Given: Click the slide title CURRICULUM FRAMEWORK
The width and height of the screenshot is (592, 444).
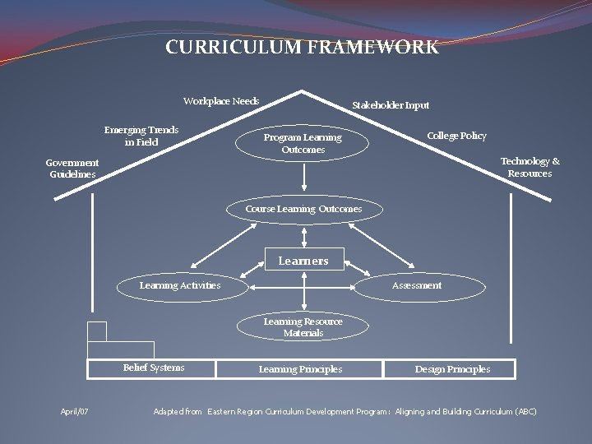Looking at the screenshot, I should (302, 48).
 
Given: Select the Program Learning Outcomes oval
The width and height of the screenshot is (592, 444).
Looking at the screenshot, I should (303, 144).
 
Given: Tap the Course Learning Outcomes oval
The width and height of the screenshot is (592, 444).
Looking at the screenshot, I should (303, 210).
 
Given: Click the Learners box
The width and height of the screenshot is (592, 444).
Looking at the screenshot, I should (303, 261).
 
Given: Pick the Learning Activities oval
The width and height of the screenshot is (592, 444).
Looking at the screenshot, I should (180, 286).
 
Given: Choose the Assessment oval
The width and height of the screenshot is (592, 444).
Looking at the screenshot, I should (416, 286).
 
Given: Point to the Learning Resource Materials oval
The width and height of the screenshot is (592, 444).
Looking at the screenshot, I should (303, 327).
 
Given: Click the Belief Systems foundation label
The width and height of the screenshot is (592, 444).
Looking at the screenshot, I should (154, 368).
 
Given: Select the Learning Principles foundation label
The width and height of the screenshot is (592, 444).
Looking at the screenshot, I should (300, 369).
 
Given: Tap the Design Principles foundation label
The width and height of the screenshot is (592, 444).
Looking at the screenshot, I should (452, 369).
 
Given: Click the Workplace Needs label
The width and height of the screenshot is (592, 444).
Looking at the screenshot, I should (221, 101).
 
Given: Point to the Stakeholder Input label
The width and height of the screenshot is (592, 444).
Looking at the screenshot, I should (391, 105).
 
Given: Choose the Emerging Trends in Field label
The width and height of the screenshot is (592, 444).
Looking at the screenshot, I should (141, 136).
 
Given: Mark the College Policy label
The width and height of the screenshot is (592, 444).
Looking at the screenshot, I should (456, 136).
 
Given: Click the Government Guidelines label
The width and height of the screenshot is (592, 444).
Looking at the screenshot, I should (72, 169).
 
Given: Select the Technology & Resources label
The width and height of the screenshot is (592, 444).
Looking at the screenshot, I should (530, 168).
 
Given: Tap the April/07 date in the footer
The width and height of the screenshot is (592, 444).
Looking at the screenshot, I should (75, 411).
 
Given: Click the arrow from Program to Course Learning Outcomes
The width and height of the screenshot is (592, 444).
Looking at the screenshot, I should (304, 178).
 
